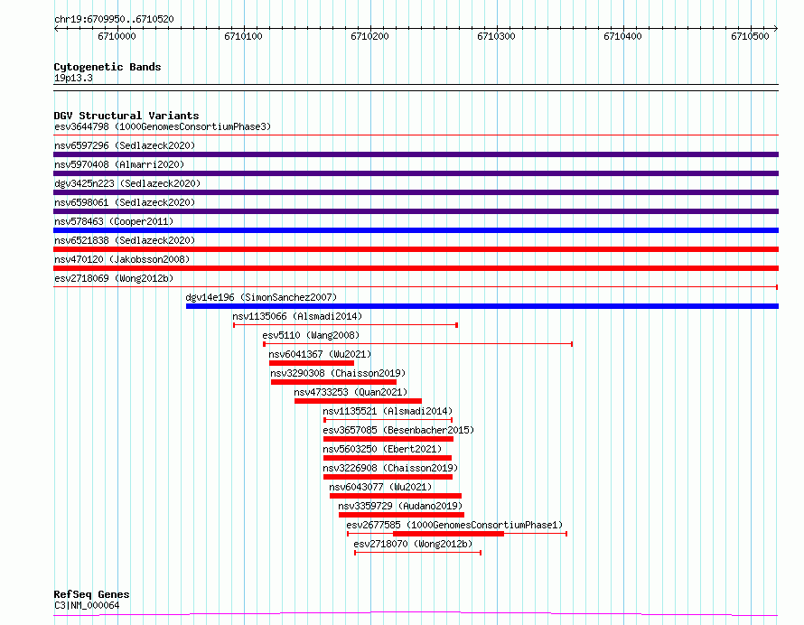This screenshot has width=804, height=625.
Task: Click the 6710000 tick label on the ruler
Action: (x=117, y=36)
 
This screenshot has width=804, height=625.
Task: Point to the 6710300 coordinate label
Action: (x=496, y=36)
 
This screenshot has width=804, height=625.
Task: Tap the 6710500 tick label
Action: (x=750, y=36)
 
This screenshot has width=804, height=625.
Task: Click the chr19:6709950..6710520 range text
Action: (x=114, y=19)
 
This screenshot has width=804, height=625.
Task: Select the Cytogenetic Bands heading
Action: (x=108, y=67)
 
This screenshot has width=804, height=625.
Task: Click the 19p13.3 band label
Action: (x=73, y=78)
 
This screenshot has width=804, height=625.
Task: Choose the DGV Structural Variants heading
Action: (x=126, y=116)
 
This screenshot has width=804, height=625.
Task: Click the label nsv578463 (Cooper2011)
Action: (x=114, y=221)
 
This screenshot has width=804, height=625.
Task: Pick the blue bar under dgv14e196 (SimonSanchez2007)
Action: (x=482, y=306)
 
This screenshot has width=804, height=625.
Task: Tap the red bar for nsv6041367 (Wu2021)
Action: (x=312, y=363)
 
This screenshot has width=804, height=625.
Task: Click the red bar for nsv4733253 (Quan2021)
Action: (x=358, y=401)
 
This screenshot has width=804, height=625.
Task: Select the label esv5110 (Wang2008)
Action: (x=311, y=335)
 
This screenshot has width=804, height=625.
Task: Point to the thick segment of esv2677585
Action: (x=448, y=534)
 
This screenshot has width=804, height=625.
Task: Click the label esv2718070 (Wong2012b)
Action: (x=413, y=544)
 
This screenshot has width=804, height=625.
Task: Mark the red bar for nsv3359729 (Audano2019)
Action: (x=401, y=515)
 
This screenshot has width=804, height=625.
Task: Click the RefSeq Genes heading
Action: (x=91, y=594)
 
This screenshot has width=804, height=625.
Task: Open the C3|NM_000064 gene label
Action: (x=87, y=605)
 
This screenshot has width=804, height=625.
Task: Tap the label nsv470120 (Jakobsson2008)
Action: (x=122, y=259)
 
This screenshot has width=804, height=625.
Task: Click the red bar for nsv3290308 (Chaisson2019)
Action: (x=333, y=382)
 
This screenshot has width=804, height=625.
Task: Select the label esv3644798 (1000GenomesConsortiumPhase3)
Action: (x=163, y=126)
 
